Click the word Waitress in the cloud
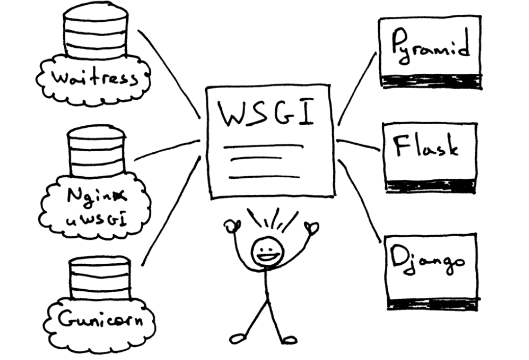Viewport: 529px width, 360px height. (95, 79)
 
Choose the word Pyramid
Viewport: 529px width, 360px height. (431, 47)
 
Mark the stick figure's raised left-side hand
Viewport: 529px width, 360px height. (234, 225)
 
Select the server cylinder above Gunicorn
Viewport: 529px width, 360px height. (99, 278)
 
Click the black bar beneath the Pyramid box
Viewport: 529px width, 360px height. (431, 81)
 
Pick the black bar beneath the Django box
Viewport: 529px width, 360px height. (432, 304)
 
